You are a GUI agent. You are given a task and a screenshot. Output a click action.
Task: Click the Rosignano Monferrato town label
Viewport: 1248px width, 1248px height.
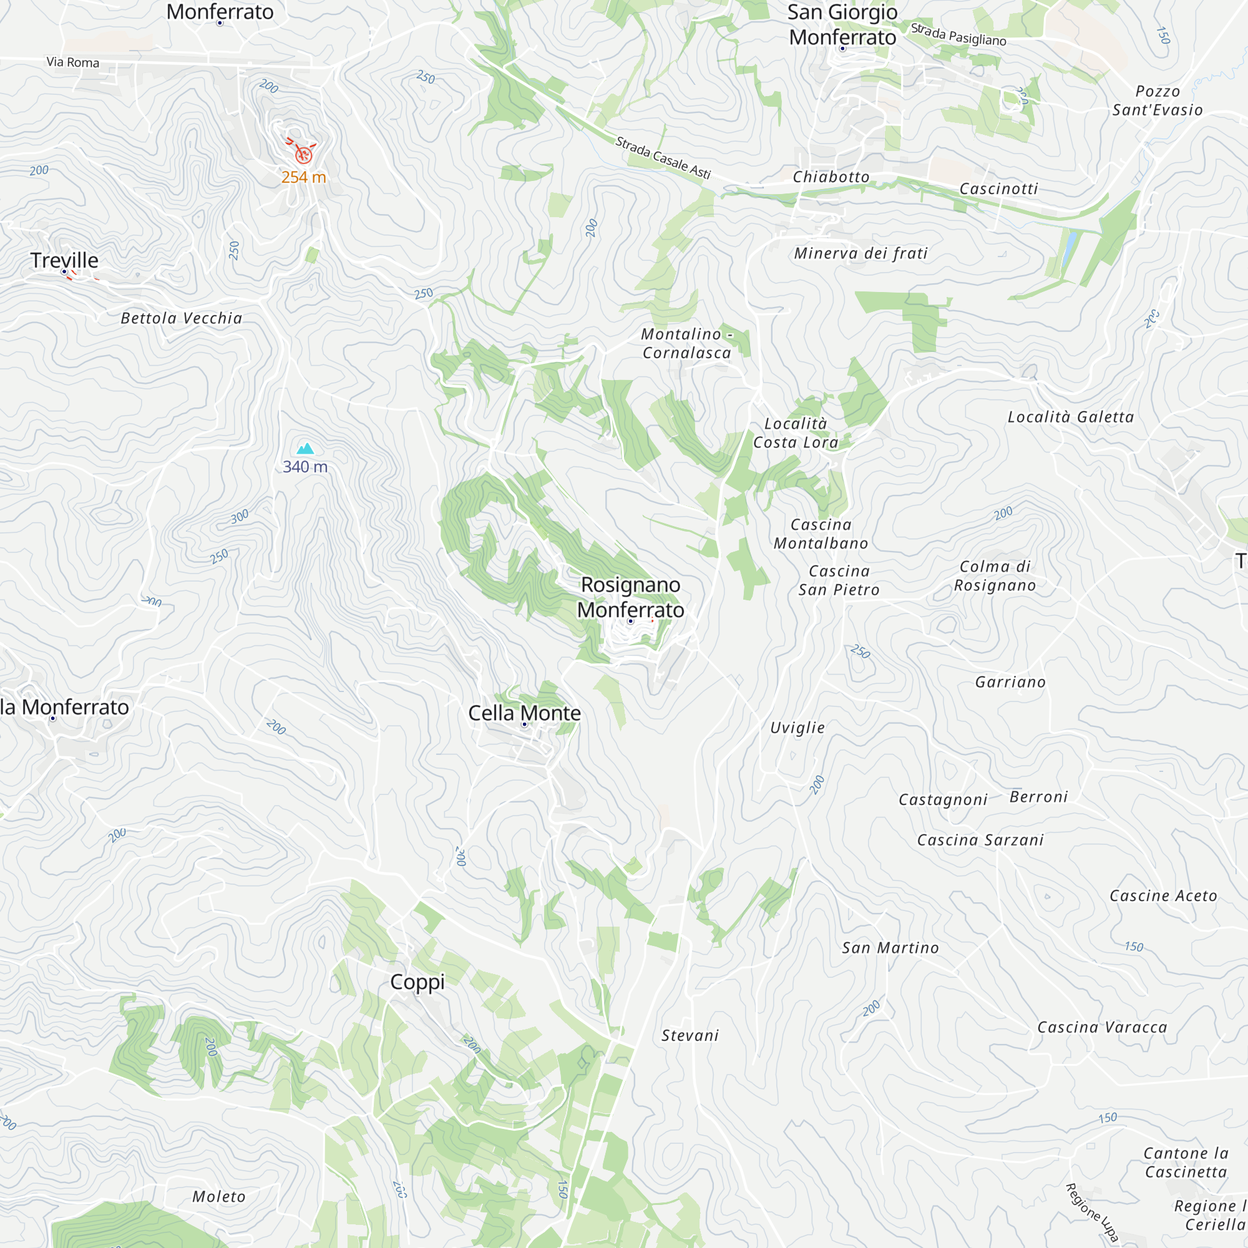coord(630,597)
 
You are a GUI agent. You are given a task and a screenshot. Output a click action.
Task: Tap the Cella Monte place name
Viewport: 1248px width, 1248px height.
coord(524,713)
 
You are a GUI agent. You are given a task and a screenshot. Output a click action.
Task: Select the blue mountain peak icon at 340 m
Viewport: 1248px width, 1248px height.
coord(305,449)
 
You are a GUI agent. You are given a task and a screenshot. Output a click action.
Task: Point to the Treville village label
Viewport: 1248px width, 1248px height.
coord(65,260)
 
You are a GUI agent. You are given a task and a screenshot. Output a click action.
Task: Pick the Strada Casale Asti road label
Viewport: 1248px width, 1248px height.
coord(662,157)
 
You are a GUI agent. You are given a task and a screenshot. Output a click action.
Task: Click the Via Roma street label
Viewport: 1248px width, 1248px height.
coord(73,62)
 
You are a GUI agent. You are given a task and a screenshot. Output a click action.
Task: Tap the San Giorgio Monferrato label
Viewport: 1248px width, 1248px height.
coord(842,24)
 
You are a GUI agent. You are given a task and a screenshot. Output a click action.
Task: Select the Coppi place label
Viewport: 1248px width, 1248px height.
coord(417,981)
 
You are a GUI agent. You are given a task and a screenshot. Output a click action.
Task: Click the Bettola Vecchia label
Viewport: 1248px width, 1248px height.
coord(182,318)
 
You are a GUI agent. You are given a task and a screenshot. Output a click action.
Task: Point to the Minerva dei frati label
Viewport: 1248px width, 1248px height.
coord(860,253)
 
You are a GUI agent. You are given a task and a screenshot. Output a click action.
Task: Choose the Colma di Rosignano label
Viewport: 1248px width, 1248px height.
coord(995,575)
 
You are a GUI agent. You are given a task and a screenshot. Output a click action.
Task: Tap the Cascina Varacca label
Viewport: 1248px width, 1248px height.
coord(1102,1027)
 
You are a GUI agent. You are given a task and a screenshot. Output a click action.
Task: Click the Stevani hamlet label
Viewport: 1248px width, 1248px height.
coord(690,1035)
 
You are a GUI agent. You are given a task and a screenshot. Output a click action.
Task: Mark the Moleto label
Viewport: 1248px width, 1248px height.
coord(219,1197)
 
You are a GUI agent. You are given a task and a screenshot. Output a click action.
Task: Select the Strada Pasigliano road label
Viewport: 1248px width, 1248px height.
coord(958,34)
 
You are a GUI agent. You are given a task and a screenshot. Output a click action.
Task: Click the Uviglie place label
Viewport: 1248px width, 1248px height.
coord(797,728)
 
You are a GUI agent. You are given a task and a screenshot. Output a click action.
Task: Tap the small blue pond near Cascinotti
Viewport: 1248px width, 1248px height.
coord(1070,241)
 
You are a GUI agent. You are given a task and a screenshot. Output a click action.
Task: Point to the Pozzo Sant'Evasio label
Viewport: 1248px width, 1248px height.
coord(1157,100)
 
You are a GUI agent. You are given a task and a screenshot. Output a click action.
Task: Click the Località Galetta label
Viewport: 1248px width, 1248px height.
coord(1070,417)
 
